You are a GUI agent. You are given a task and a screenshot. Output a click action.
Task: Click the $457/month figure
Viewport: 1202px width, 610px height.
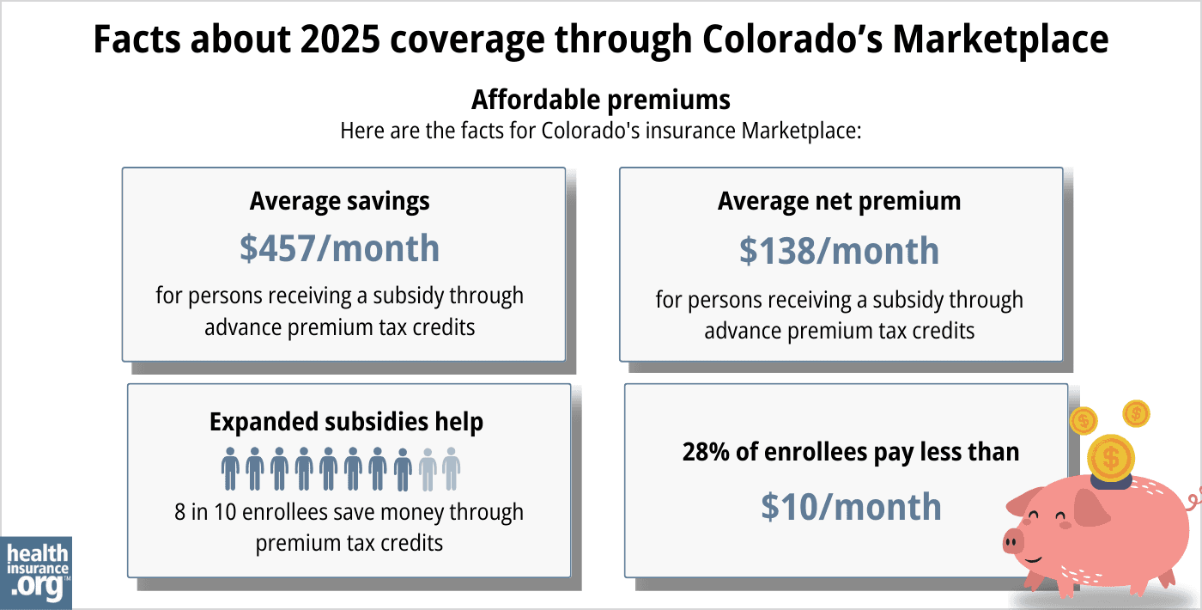click(339, 248)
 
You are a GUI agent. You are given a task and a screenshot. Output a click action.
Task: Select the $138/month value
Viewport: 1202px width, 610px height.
click(839, 251)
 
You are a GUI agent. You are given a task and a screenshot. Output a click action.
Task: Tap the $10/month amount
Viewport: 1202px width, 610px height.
click(851, 507)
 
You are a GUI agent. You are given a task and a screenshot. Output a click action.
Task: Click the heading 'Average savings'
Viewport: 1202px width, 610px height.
click(339, 201)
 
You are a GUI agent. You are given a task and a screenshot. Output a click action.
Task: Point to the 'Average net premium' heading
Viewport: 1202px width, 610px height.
click(839, 201)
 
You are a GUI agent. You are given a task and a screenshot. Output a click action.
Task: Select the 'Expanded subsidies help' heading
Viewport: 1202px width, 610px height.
click(346, 422)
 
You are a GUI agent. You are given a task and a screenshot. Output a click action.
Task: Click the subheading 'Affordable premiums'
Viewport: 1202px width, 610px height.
click(600, 100)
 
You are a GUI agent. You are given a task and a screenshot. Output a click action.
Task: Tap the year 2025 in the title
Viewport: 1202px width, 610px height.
click(327, 40)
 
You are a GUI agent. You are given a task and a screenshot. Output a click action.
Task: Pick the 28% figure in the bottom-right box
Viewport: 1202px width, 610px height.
click(706, 452)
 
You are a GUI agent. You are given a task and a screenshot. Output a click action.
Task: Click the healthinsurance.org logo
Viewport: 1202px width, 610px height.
click(37, 571)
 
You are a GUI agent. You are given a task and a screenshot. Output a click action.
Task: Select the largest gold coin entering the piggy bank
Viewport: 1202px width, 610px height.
click(1111, 456)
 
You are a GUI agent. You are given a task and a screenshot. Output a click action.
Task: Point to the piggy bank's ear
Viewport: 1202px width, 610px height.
click(1092, 508)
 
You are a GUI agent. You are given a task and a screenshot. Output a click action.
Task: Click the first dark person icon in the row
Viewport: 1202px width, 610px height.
click(230, 468)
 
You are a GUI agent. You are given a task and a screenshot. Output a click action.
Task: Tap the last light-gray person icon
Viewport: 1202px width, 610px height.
click(452, 468)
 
